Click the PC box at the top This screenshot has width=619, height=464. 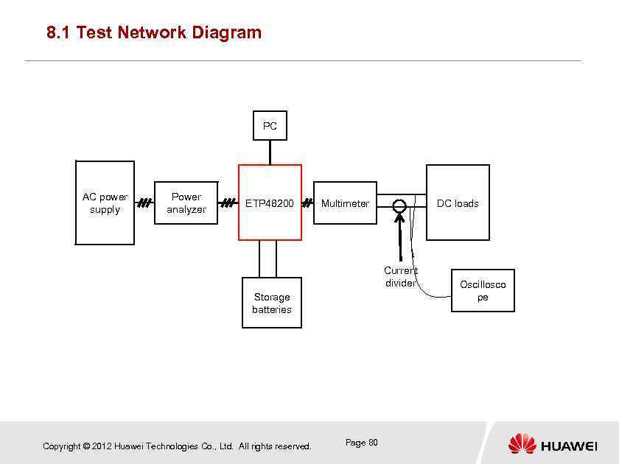[270, 126]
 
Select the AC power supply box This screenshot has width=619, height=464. [105, 203]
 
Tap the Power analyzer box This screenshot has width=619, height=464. [186, 203]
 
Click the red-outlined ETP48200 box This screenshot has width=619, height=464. [270, 203]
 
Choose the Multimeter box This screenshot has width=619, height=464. [345, 203]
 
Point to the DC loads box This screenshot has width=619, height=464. [458, 203]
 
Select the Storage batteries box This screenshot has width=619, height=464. [272, 303]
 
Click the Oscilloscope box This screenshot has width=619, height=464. [483, 291]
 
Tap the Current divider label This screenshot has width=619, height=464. [400, 277]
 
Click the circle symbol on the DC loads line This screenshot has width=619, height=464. [399, 207]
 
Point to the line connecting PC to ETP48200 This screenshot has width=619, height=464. [270, 152]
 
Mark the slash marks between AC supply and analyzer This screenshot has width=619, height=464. [144, 203]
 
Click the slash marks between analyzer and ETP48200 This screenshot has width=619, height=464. [228, 203]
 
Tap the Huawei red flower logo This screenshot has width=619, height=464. [522, 444]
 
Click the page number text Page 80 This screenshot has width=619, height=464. [361, 443]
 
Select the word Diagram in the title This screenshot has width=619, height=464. [225, 32]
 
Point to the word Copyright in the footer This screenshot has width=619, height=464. [62, 446]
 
